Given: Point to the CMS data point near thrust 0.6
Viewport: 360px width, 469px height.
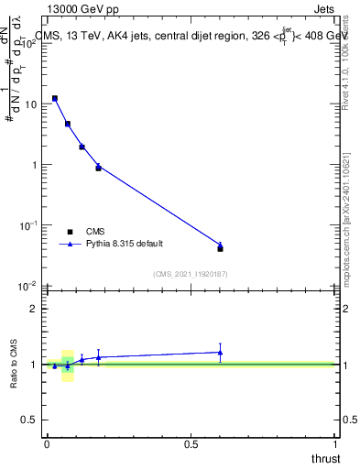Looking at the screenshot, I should (220, 248).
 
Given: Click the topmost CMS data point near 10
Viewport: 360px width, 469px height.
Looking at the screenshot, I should (55, 98).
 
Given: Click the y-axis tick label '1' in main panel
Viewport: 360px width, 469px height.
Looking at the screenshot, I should (33, 165).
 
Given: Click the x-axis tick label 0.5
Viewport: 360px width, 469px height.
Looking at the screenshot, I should (191, 444).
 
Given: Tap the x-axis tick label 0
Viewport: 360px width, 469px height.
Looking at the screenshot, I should (47, 444).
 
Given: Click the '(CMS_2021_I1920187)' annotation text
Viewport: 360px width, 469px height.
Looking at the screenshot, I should (191, 274).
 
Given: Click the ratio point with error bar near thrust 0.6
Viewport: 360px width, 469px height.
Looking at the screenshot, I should (220, 352).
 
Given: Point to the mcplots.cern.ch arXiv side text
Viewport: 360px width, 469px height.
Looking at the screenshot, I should (345, 215).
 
